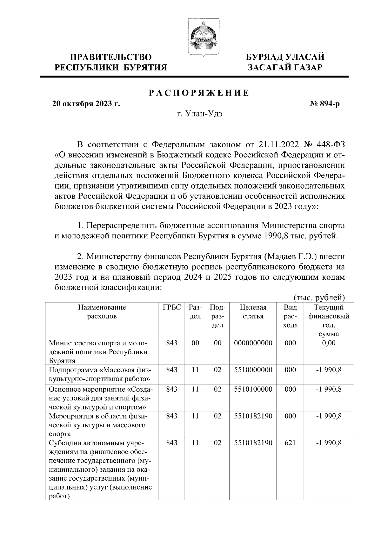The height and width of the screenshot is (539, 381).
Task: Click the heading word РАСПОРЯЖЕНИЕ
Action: click(x=199, y=93)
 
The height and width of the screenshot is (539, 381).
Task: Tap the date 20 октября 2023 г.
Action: click(x=86, y=104)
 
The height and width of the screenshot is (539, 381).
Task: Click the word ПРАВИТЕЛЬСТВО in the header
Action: click(x=111, y=57)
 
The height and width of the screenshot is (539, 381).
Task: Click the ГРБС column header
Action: click(x=172, y=307)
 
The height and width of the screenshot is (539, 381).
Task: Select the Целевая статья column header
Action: click(x=253, y=312)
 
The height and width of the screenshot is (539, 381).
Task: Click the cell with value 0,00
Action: click(x=329, y=343)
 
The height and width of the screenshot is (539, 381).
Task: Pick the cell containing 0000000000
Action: click(x=253, y=343)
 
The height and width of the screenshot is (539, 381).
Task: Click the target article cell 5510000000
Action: click(x=253, y=370)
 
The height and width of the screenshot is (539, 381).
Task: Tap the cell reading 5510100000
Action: click(x=253, y=389)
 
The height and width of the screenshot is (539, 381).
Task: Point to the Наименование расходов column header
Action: click(x=102, y=312)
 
